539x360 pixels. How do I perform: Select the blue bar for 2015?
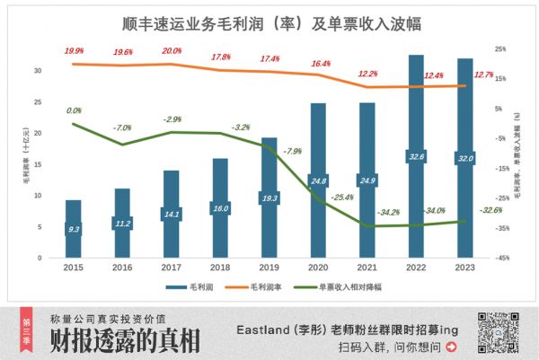click(74, 229)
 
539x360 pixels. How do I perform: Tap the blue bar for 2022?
click(416, 157)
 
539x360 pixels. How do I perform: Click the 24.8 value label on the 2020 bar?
click(318, 181)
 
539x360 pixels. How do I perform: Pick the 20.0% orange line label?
click(172, 51)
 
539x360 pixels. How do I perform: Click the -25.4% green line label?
click(341, 196)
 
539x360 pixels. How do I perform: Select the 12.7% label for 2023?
click(485, 75)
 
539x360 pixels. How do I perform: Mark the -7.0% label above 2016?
click(122, 128)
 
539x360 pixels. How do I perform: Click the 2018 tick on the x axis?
click(220, 267)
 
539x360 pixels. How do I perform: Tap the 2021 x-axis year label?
click(367, 267)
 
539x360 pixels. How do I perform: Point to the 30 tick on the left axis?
click(36, 70)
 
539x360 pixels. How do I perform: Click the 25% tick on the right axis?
click(500, 49)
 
